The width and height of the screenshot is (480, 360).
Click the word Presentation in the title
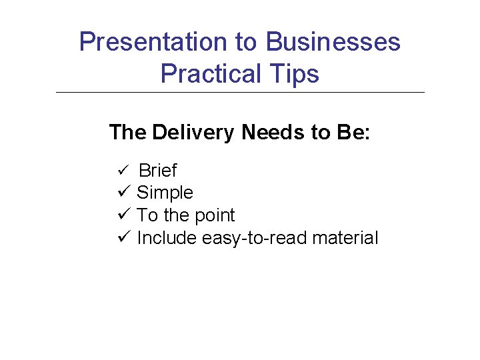153,42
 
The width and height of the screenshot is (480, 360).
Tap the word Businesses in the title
333,42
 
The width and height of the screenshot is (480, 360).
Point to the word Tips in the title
295,73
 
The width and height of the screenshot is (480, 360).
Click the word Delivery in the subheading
193,133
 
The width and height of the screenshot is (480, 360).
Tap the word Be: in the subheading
353,133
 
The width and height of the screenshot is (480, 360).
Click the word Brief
157,171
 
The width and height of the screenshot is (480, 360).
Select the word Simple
165,193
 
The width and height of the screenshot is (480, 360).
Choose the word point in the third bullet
214,216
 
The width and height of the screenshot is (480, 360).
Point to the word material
345,238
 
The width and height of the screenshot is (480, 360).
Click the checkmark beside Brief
121,171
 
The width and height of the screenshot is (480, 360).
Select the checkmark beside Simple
122,193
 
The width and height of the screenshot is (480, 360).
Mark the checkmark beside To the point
122,215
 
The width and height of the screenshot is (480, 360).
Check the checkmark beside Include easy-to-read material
122,237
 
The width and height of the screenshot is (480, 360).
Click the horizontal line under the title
240,92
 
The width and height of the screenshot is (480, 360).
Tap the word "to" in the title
246,42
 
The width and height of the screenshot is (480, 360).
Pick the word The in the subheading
127,133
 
